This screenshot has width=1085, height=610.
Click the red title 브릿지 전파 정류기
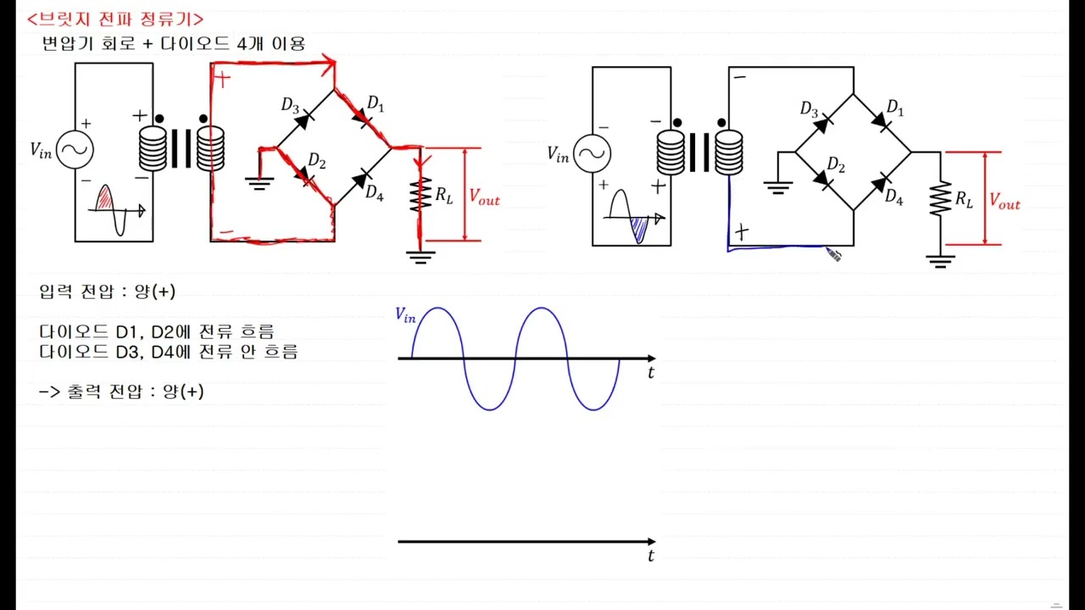pyautogui.click(x=115, y=19)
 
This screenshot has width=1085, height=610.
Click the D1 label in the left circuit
pyautogui.click(x=376, y=103)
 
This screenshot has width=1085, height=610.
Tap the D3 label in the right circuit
pyautogui.click(x=809, y=109)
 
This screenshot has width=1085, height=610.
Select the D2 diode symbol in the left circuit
pyautogui.click(x=303, y=176)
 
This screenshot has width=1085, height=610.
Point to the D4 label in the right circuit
pyautogui.click(x=893, y=197)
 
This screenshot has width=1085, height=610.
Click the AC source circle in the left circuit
pyautogui.click(x=75, y=150)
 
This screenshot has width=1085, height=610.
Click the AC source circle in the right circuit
pyautogui.click(x=592, y=153)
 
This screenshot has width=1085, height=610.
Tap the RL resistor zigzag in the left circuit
pyautogui.click(x=420, y=195)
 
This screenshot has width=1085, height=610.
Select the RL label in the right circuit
pyautogui.click(x=964, y=199)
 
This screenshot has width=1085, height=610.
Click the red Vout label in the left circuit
pyautogui.click(x=484, y=197)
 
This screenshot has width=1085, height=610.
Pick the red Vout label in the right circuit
pyautogui.click(x=1004, y=201)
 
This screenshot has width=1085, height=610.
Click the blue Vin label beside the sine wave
pyautogui.click(x=405, y=315)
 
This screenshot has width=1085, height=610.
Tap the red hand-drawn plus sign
pyautogui.click(x=222, y=79)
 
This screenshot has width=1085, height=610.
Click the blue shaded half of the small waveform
pyautogui.click(x=640, y=230)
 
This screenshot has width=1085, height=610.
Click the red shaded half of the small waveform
pyautogui.click(x=104, y=198)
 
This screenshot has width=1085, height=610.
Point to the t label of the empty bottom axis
pyautogui.click(x=651, y=555)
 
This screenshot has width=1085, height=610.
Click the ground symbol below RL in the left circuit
pyautogui.click(x=420, y=257)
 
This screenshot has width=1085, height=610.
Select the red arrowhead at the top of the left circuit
pyautogui.click(x=330, y=64)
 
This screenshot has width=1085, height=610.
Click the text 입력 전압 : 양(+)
pyautogui.click(x=107, y=291)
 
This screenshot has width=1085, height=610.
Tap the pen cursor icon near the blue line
pyautogui.click(x=833, y=255)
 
